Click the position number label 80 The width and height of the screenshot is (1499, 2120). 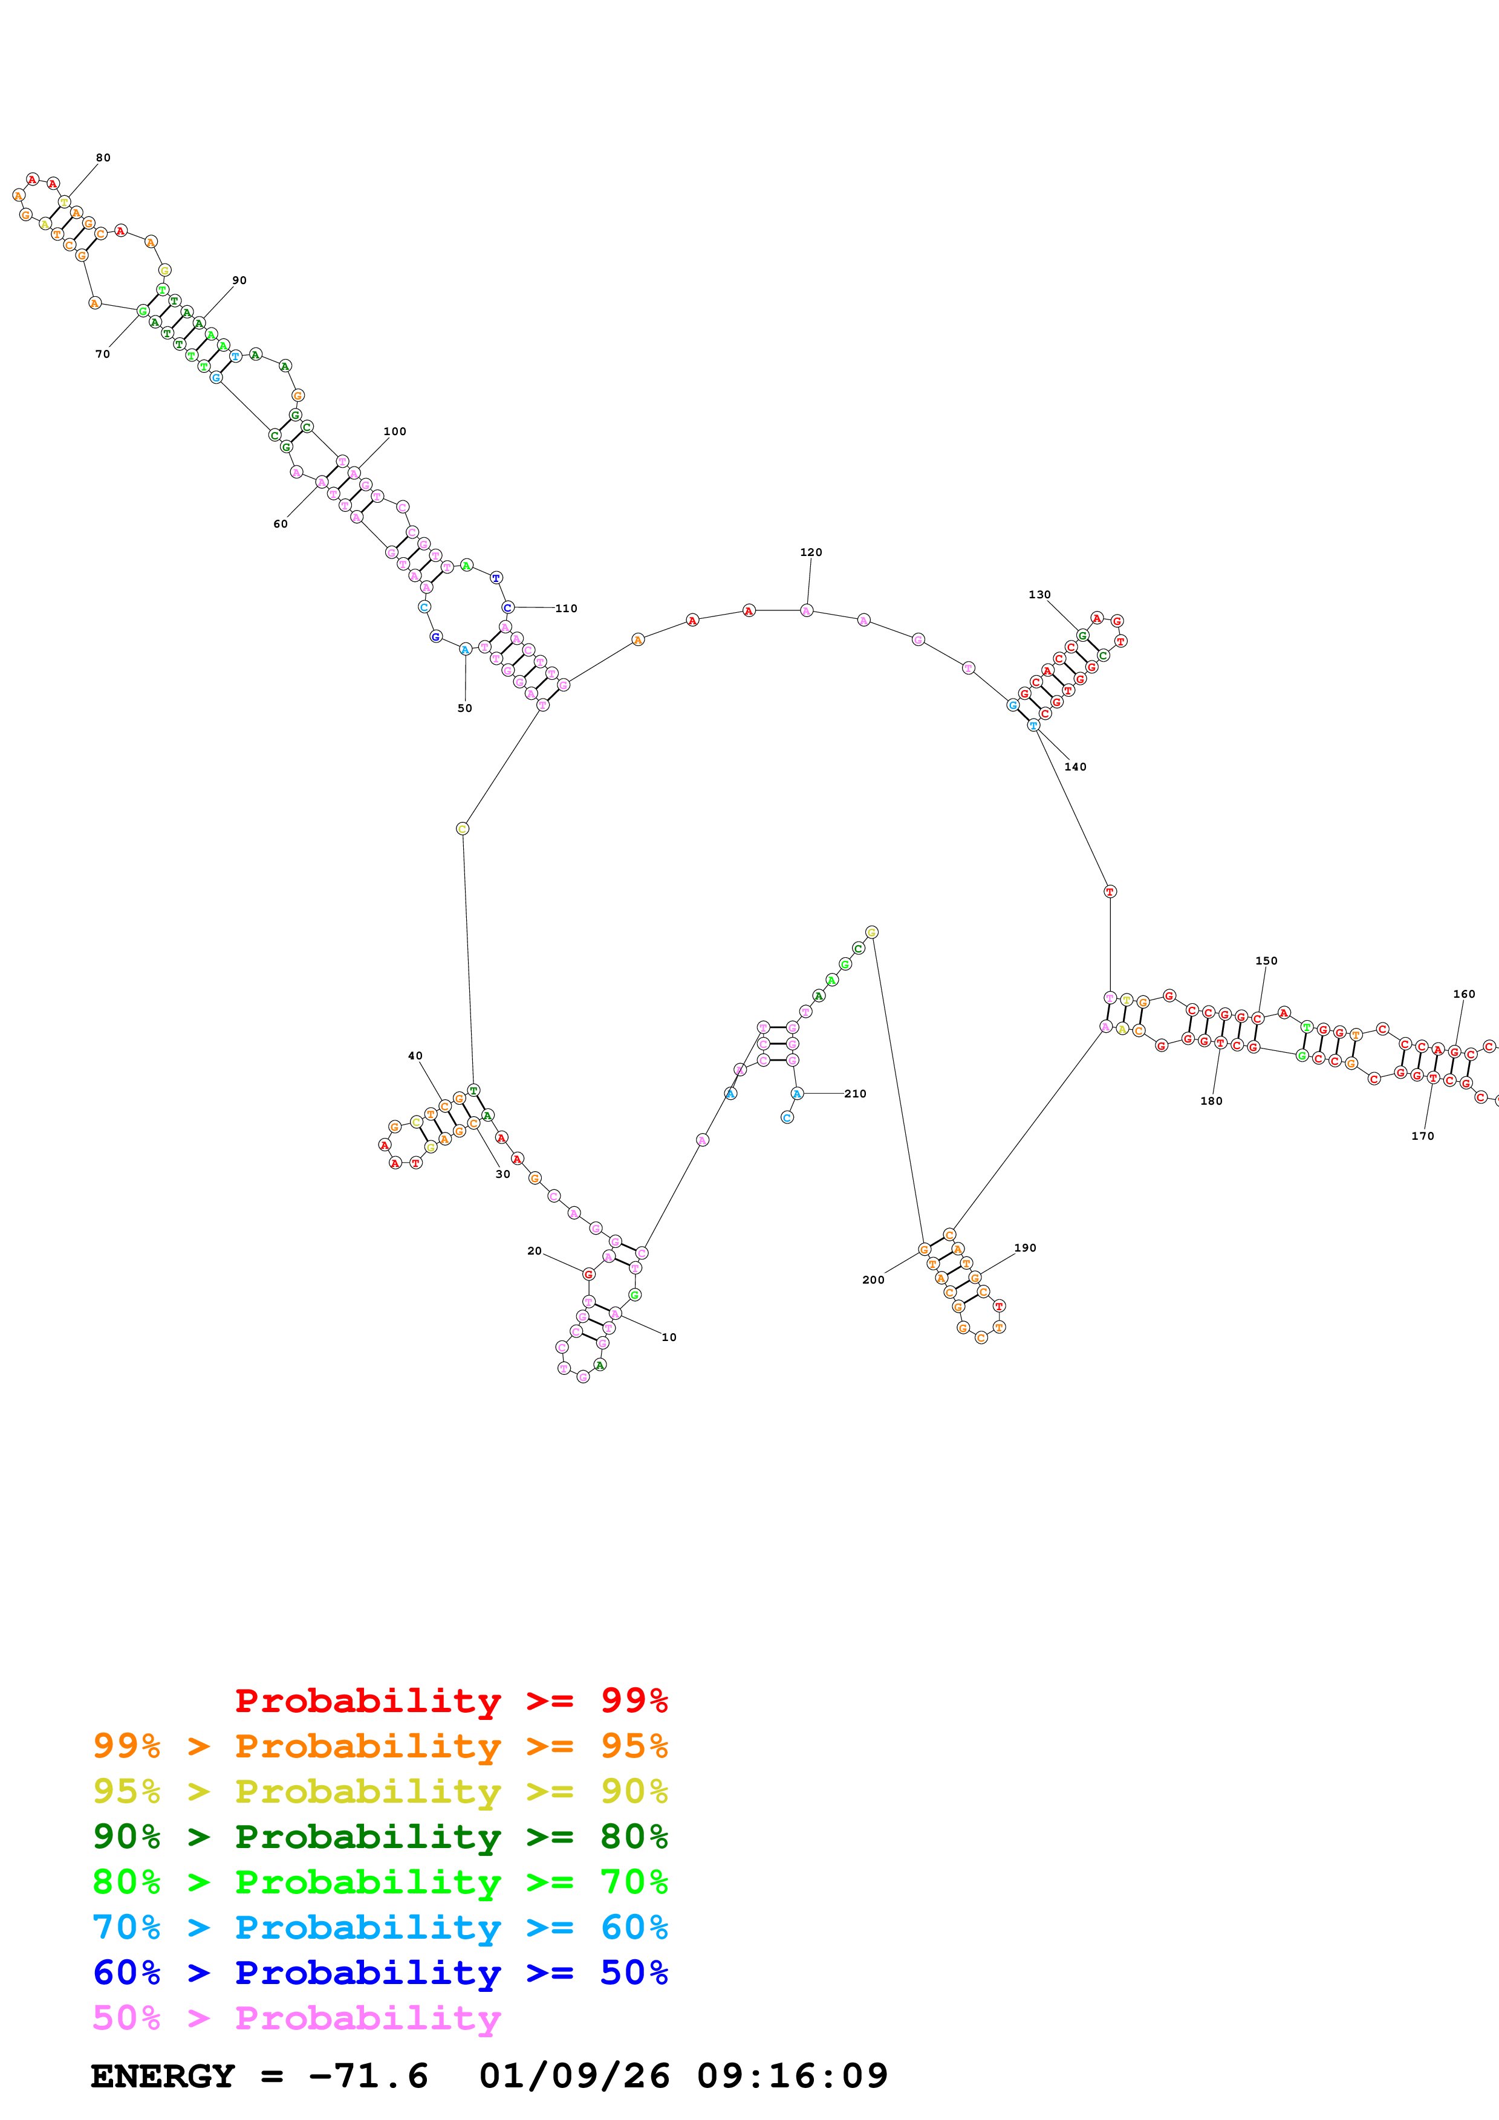point(103,158)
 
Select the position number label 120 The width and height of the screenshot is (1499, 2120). point(811,552)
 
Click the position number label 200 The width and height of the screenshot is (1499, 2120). point(873,1280)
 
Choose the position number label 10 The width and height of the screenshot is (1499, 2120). point(669,1337)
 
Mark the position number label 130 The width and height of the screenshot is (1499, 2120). point(1039,595)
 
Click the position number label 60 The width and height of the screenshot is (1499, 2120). point(280,523)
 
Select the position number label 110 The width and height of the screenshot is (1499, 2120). point(566,609)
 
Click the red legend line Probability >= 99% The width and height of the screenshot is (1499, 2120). point(450,1700)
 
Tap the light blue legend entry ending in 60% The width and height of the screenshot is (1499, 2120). point(380,1927)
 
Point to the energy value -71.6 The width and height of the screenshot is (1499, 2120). point(368,2076)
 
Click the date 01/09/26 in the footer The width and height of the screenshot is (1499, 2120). point(574,2076)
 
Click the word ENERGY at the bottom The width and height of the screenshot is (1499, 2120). point(163,2076)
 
